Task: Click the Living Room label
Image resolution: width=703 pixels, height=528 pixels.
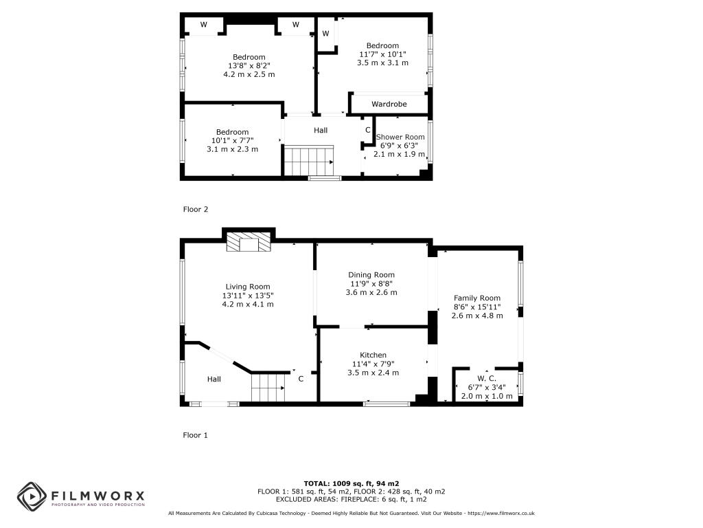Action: tap(247, 287)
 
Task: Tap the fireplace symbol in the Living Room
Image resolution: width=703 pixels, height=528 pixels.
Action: tap(249, 241)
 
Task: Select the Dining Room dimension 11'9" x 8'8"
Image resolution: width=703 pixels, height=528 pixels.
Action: tap(371, 284)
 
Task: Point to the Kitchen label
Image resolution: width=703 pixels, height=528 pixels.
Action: tap(373, 355)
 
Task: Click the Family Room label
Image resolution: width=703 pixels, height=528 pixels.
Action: tap(477, 298)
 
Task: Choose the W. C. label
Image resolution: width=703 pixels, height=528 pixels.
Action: tap(487, 379)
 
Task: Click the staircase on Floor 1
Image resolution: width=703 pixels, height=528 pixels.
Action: tap(268, 388)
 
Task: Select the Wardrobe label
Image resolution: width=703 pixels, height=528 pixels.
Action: tap(389, 104)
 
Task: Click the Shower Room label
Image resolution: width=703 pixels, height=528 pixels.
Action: tap(400, 137)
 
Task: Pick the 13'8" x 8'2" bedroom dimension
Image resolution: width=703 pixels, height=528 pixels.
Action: tap(249, 65)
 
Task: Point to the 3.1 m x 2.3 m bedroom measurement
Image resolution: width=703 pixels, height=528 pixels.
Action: tap(232, 149)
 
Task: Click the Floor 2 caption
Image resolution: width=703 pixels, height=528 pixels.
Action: tap(196, 209)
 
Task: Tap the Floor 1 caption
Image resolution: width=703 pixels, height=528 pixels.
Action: tap(195, 435)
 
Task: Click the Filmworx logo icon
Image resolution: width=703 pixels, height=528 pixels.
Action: tap(32, 496)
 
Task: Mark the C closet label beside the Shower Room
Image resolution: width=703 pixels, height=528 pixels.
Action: tap(368, 130)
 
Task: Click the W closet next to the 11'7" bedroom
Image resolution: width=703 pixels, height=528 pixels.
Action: tap(326, 34)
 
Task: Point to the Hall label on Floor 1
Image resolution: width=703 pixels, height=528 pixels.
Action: tap(214, 379)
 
